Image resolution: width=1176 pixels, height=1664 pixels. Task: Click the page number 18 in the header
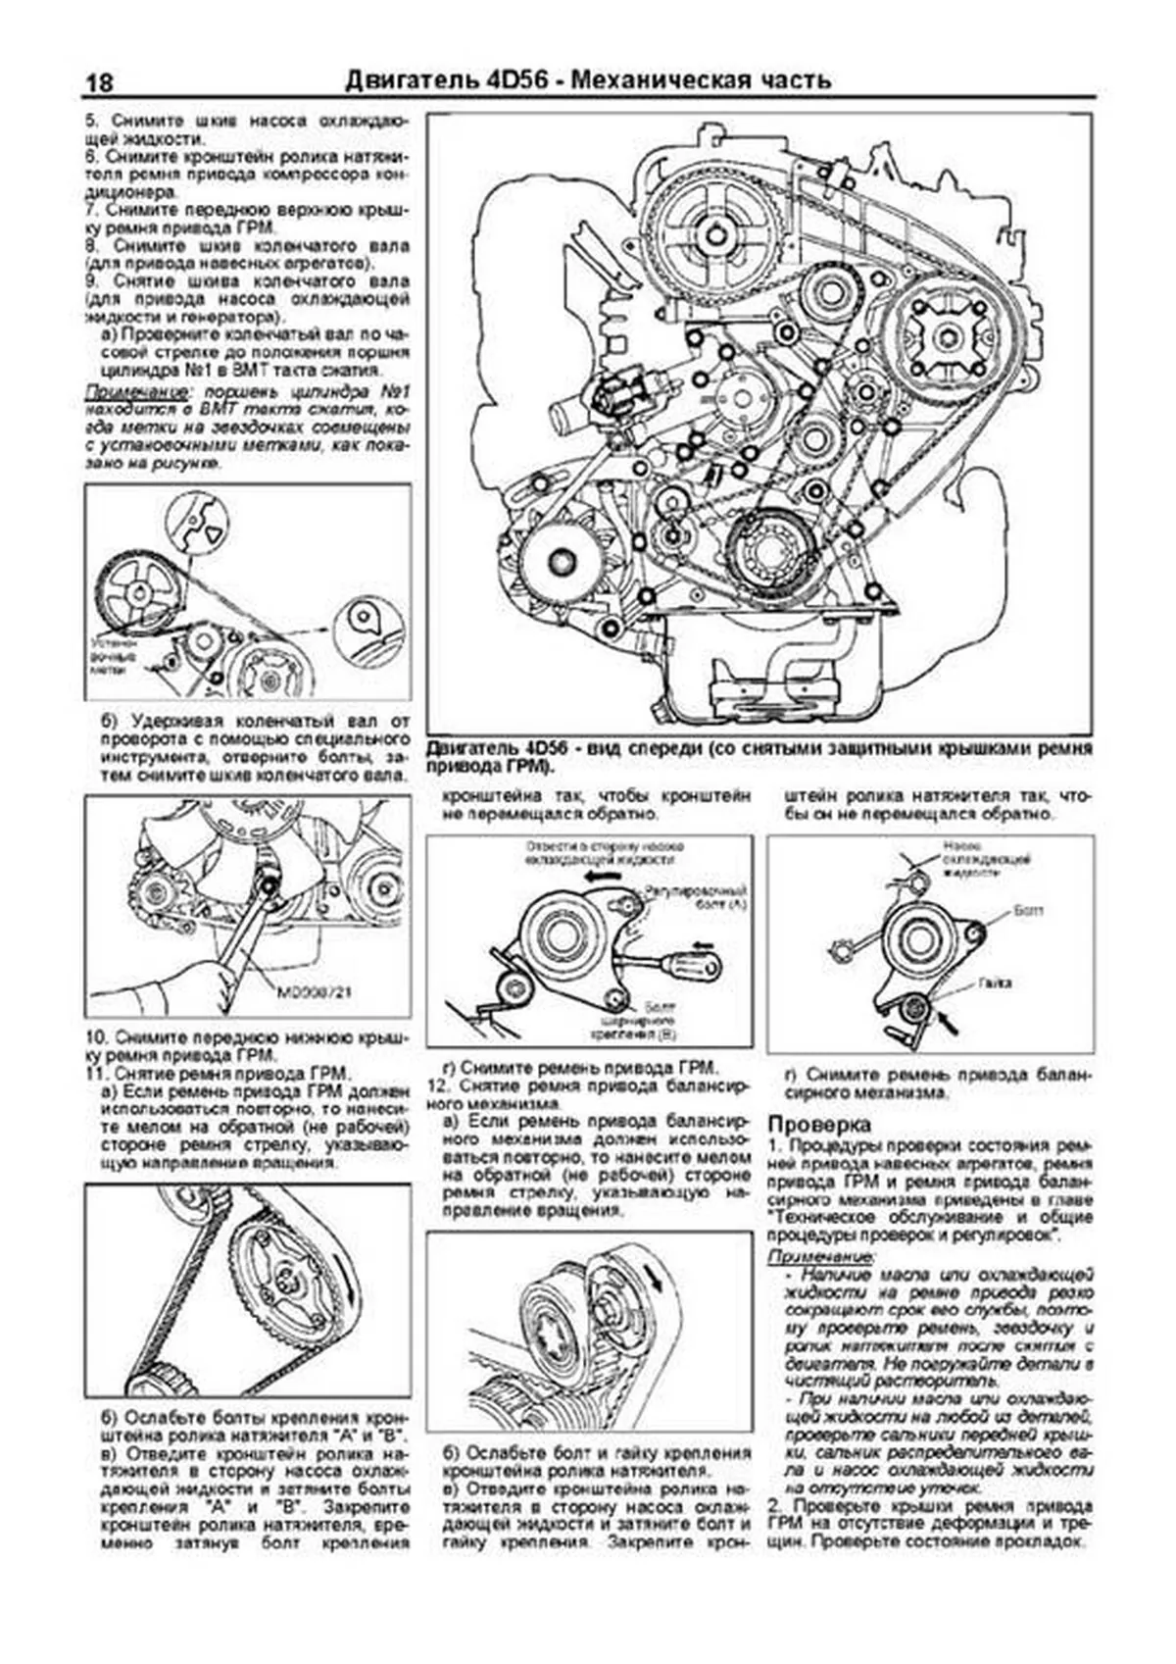(98, 82)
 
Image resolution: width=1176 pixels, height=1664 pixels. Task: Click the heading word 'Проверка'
(818, 1124)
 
